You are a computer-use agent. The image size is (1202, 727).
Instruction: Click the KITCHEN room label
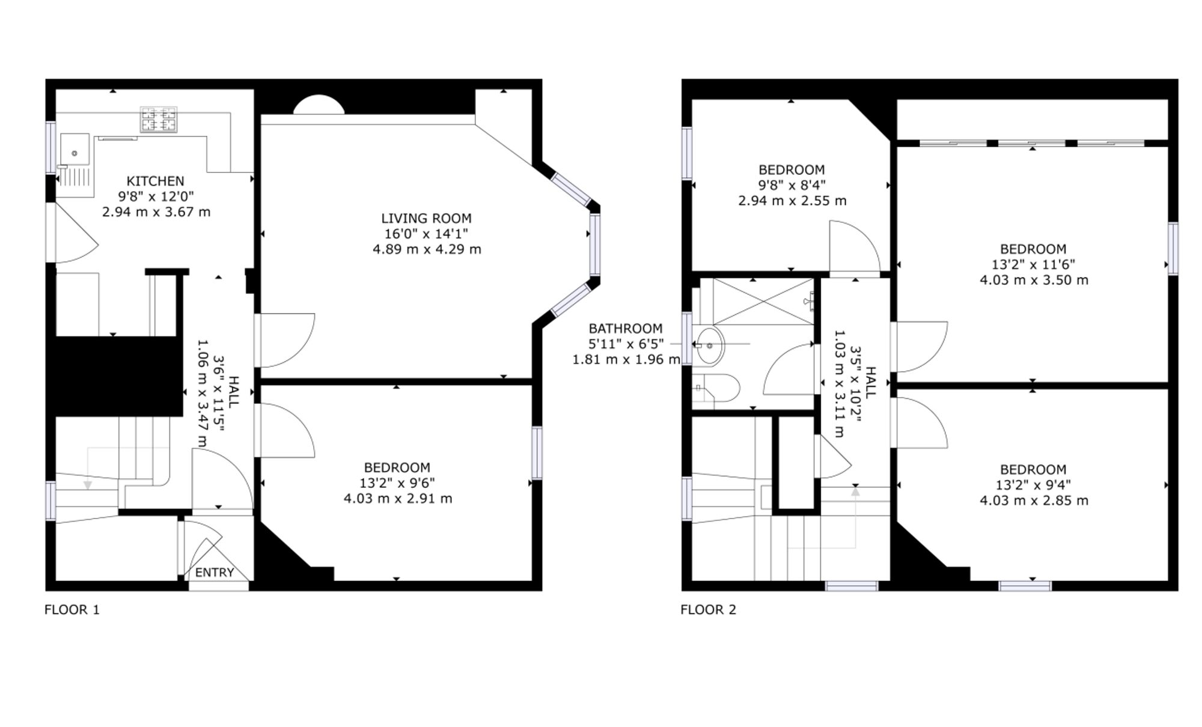click(x=155, y=181)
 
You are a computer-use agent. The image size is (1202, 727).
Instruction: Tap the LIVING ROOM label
click(x=426, y=218)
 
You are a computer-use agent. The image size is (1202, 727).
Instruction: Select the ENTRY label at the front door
click(x=214, y=573)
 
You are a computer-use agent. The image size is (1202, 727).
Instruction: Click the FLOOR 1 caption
click(x=72, y=610)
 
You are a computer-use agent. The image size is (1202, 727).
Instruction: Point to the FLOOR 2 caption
click(x=708, y=610)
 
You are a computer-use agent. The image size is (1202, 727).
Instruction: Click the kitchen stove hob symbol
click(x=159, y=119)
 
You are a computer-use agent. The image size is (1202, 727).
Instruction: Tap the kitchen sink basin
click(x=75, y=148)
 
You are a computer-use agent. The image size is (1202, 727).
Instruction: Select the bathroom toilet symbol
click(x=715, y=388)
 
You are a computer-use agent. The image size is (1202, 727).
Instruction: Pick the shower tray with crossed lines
click(x=763, y=302)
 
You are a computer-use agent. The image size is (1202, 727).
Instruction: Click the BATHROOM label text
click(x=626, y=329)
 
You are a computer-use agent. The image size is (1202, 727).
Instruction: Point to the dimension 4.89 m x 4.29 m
click(x=427, y=249)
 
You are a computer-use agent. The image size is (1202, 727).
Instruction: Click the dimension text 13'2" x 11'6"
click(x=1033, y=264)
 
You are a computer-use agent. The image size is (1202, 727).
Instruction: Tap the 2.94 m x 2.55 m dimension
click(x=792, y=201)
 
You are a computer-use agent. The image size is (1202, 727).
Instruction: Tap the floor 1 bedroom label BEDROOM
click(x=397, y=467)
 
